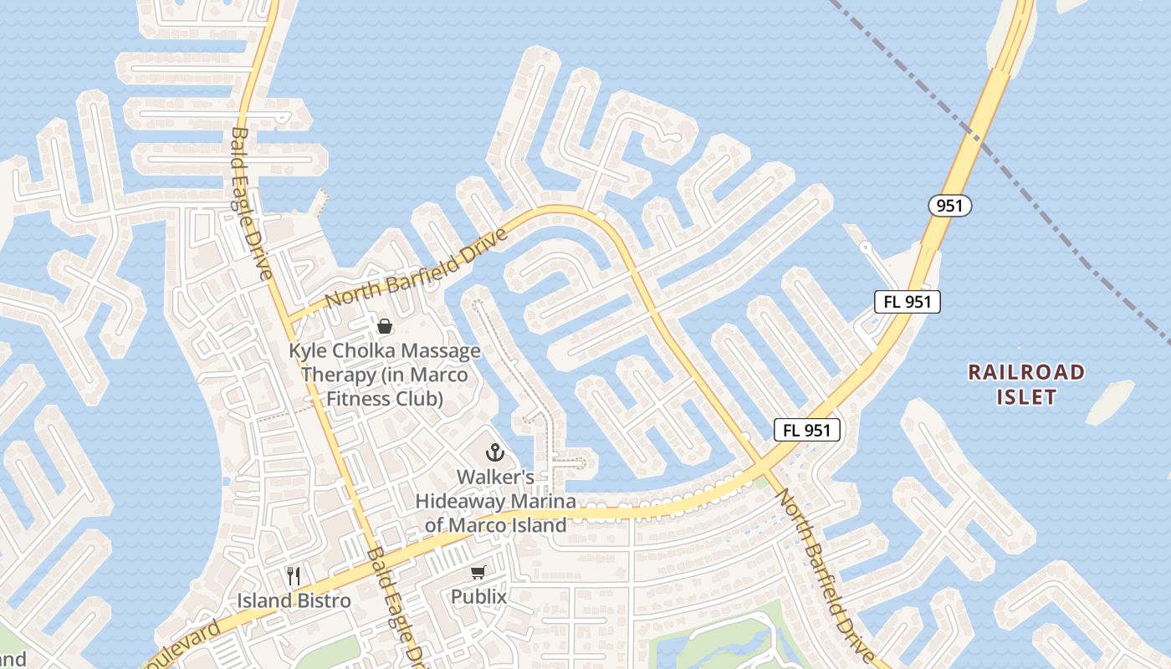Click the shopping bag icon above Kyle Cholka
tap(385, 326)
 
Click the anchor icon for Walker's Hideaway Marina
tap(495, 452)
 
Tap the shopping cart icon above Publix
tap(478, 573)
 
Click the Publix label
tap(478, 597)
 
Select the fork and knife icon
tap(294, 576)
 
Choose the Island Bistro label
tap(294, 600)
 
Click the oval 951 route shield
tap(949, 205)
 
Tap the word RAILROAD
tap(1026, 372)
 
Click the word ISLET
tap(1026, 396)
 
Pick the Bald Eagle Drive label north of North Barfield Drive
tap(252, 203)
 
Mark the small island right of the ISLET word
tap(1109, 401)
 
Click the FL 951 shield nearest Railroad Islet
tap(908, 302)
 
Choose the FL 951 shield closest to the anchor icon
tap(806, 430)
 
